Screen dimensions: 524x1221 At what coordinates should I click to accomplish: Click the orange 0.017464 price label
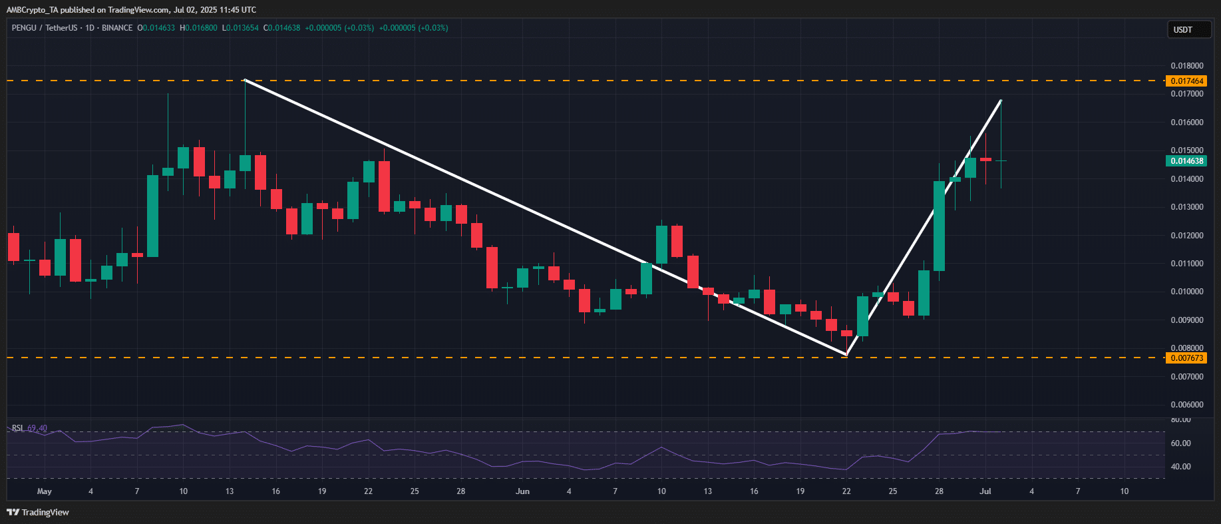[1187, 81]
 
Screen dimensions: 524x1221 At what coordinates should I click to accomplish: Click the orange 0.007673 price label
[1187, 358]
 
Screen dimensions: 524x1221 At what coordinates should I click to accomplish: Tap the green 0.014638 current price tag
[1187, 161]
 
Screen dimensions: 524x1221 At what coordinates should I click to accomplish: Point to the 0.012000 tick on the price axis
[1187, 236]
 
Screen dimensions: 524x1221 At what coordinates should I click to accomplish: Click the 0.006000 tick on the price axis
[1187, 405]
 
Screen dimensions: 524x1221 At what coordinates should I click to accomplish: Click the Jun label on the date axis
[523, 491]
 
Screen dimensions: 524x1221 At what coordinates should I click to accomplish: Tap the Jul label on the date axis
[985, 491]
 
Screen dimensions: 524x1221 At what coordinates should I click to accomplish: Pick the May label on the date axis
[45, 491]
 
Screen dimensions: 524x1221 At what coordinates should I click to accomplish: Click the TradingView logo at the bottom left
[38, 512]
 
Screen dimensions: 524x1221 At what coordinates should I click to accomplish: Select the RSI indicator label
[18, 428]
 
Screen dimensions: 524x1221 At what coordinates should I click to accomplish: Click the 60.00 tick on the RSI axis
[1181, 443]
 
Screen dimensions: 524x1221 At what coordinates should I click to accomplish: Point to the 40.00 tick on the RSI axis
[1181, 467]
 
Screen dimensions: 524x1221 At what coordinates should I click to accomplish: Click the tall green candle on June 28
[939, 226]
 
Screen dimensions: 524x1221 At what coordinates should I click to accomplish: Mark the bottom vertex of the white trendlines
[846, 354]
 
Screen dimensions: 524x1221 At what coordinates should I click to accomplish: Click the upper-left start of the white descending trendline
[246, 81]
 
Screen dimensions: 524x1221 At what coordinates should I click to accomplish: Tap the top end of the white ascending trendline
[1001, 101]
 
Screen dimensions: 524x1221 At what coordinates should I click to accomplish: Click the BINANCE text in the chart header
[117, 28]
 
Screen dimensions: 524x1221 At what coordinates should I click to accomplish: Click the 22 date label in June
[846, 491]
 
